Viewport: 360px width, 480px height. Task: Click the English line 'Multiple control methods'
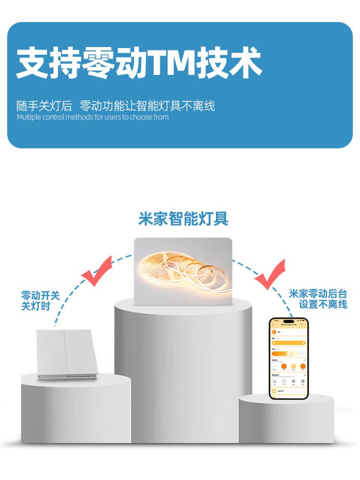coord(93,117)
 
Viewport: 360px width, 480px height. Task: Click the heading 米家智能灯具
coord(183,219)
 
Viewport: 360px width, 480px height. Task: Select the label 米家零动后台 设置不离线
coord(318,299)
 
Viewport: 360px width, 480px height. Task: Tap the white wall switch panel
coord(66,353)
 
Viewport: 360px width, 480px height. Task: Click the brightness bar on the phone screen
coord(288,343)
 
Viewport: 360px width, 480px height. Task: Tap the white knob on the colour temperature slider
coord(288,353)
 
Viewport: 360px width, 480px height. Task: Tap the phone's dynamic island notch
coord(288,321)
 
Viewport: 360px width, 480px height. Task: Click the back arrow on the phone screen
coord(273,325)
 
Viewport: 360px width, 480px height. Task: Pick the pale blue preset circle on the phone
coord(275,367)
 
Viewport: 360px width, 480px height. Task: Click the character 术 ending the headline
coord(245,62)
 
